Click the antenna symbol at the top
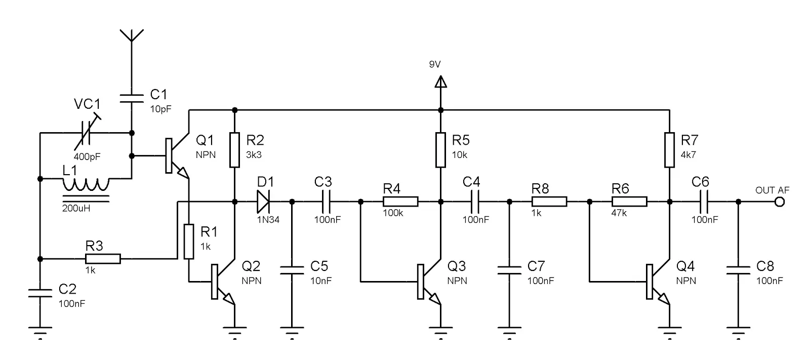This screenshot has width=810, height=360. tap(132, 35)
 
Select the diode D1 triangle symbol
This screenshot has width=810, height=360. tap(263, 202)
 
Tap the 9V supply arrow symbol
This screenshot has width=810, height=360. tap(440, 82)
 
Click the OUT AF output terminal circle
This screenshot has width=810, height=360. tap(780, 202)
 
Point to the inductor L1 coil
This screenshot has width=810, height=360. tap(86, 184)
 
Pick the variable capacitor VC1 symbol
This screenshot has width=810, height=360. tap(87, 133)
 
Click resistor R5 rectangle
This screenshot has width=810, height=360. tap(440, 150)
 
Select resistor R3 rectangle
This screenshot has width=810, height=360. tap(103, 259)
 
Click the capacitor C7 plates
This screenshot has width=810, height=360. tap(509, 270)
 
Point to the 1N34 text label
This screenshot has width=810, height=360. tap(268, 220)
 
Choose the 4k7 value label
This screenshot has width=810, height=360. tap(688, 155)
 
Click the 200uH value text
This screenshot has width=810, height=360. tap(76, 209)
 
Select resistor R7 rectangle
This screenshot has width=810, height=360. tap(669, 150)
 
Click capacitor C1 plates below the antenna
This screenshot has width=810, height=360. tap(132, 98)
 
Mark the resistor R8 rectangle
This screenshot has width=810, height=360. tap(549, 202)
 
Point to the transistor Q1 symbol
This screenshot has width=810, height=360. tap(177, 155)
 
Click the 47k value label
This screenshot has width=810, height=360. tap(619, 213)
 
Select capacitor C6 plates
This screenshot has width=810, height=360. tap(704, 202)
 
